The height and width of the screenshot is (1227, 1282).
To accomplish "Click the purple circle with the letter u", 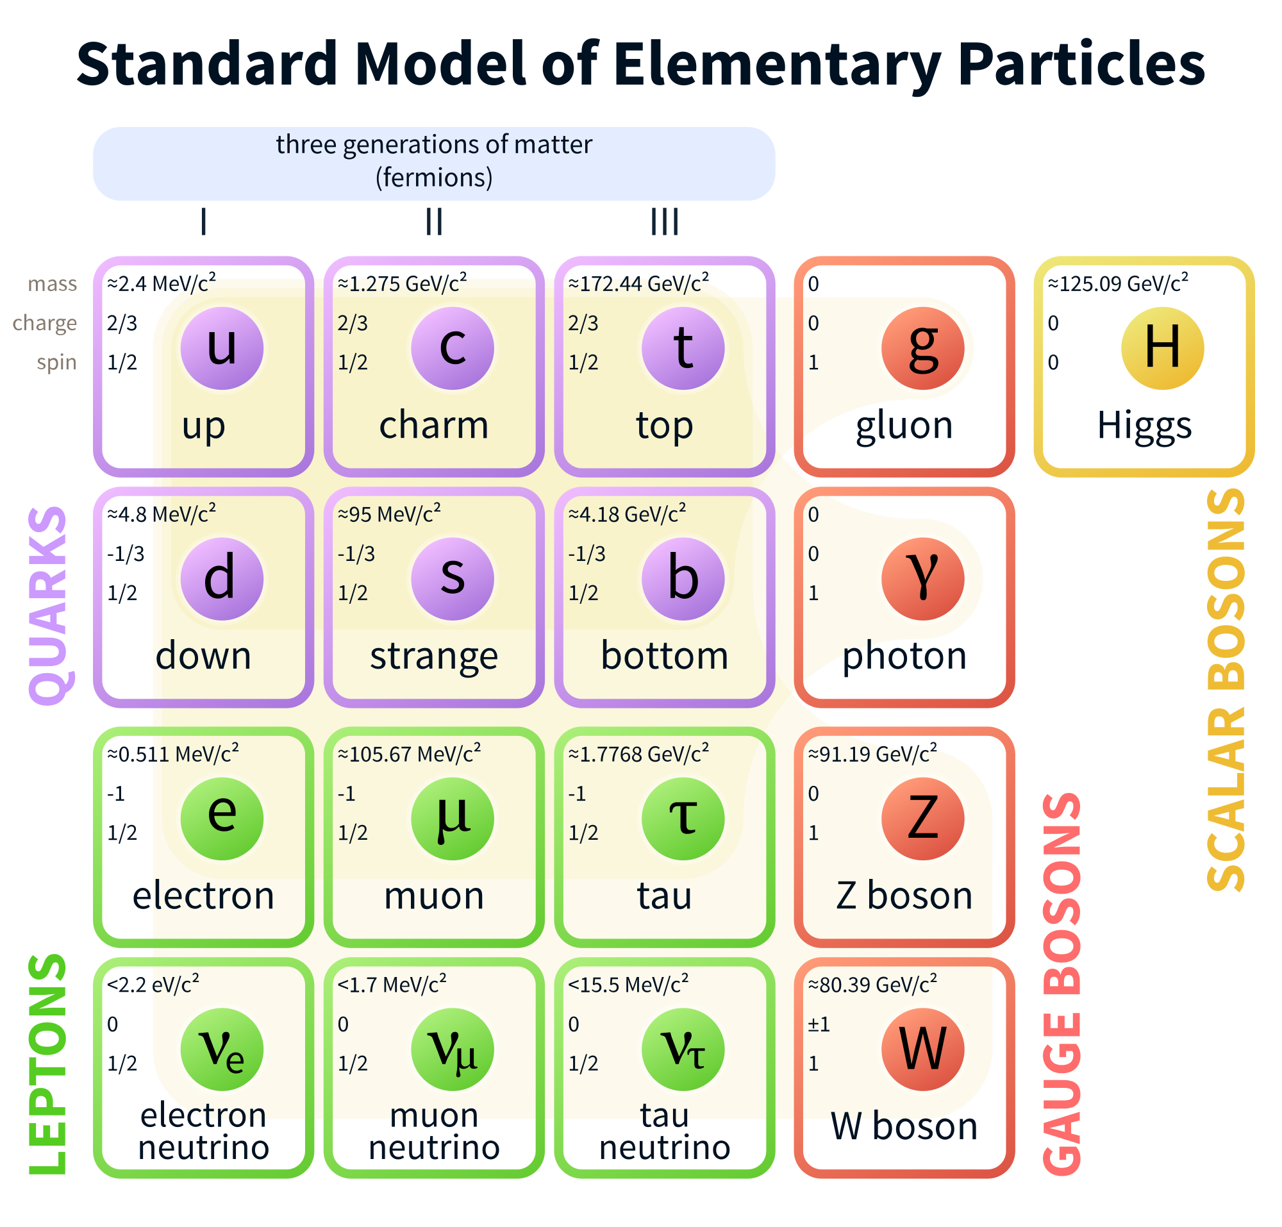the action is coord(222,349).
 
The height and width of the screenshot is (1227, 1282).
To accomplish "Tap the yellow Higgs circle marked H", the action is coord(1162,349).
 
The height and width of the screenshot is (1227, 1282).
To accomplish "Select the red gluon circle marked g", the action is coord(922,349).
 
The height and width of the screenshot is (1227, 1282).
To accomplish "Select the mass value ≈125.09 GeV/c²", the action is coord(1118,283).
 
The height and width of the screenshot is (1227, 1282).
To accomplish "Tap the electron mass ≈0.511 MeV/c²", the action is coord(172,753).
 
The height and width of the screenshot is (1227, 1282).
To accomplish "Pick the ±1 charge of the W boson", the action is coord(819,1024).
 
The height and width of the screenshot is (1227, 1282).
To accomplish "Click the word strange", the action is coord(434,656).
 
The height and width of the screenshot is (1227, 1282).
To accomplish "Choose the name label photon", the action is coord(904,656).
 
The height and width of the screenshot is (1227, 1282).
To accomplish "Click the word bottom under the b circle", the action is coord(664,655).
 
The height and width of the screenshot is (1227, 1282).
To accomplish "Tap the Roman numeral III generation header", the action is coord(664,222).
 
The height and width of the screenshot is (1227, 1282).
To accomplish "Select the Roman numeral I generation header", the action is coord(203,222).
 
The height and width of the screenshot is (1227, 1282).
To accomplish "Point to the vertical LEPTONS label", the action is coord(47,1064).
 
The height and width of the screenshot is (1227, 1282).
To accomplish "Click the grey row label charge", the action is coord(44,323).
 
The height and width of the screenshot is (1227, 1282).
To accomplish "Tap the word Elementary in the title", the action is coord(777,64).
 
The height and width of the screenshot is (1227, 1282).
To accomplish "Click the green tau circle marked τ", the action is coord(683,819).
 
